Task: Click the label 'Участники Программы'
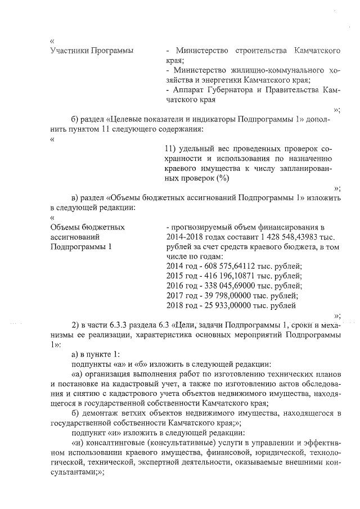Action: pos(92,51)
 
